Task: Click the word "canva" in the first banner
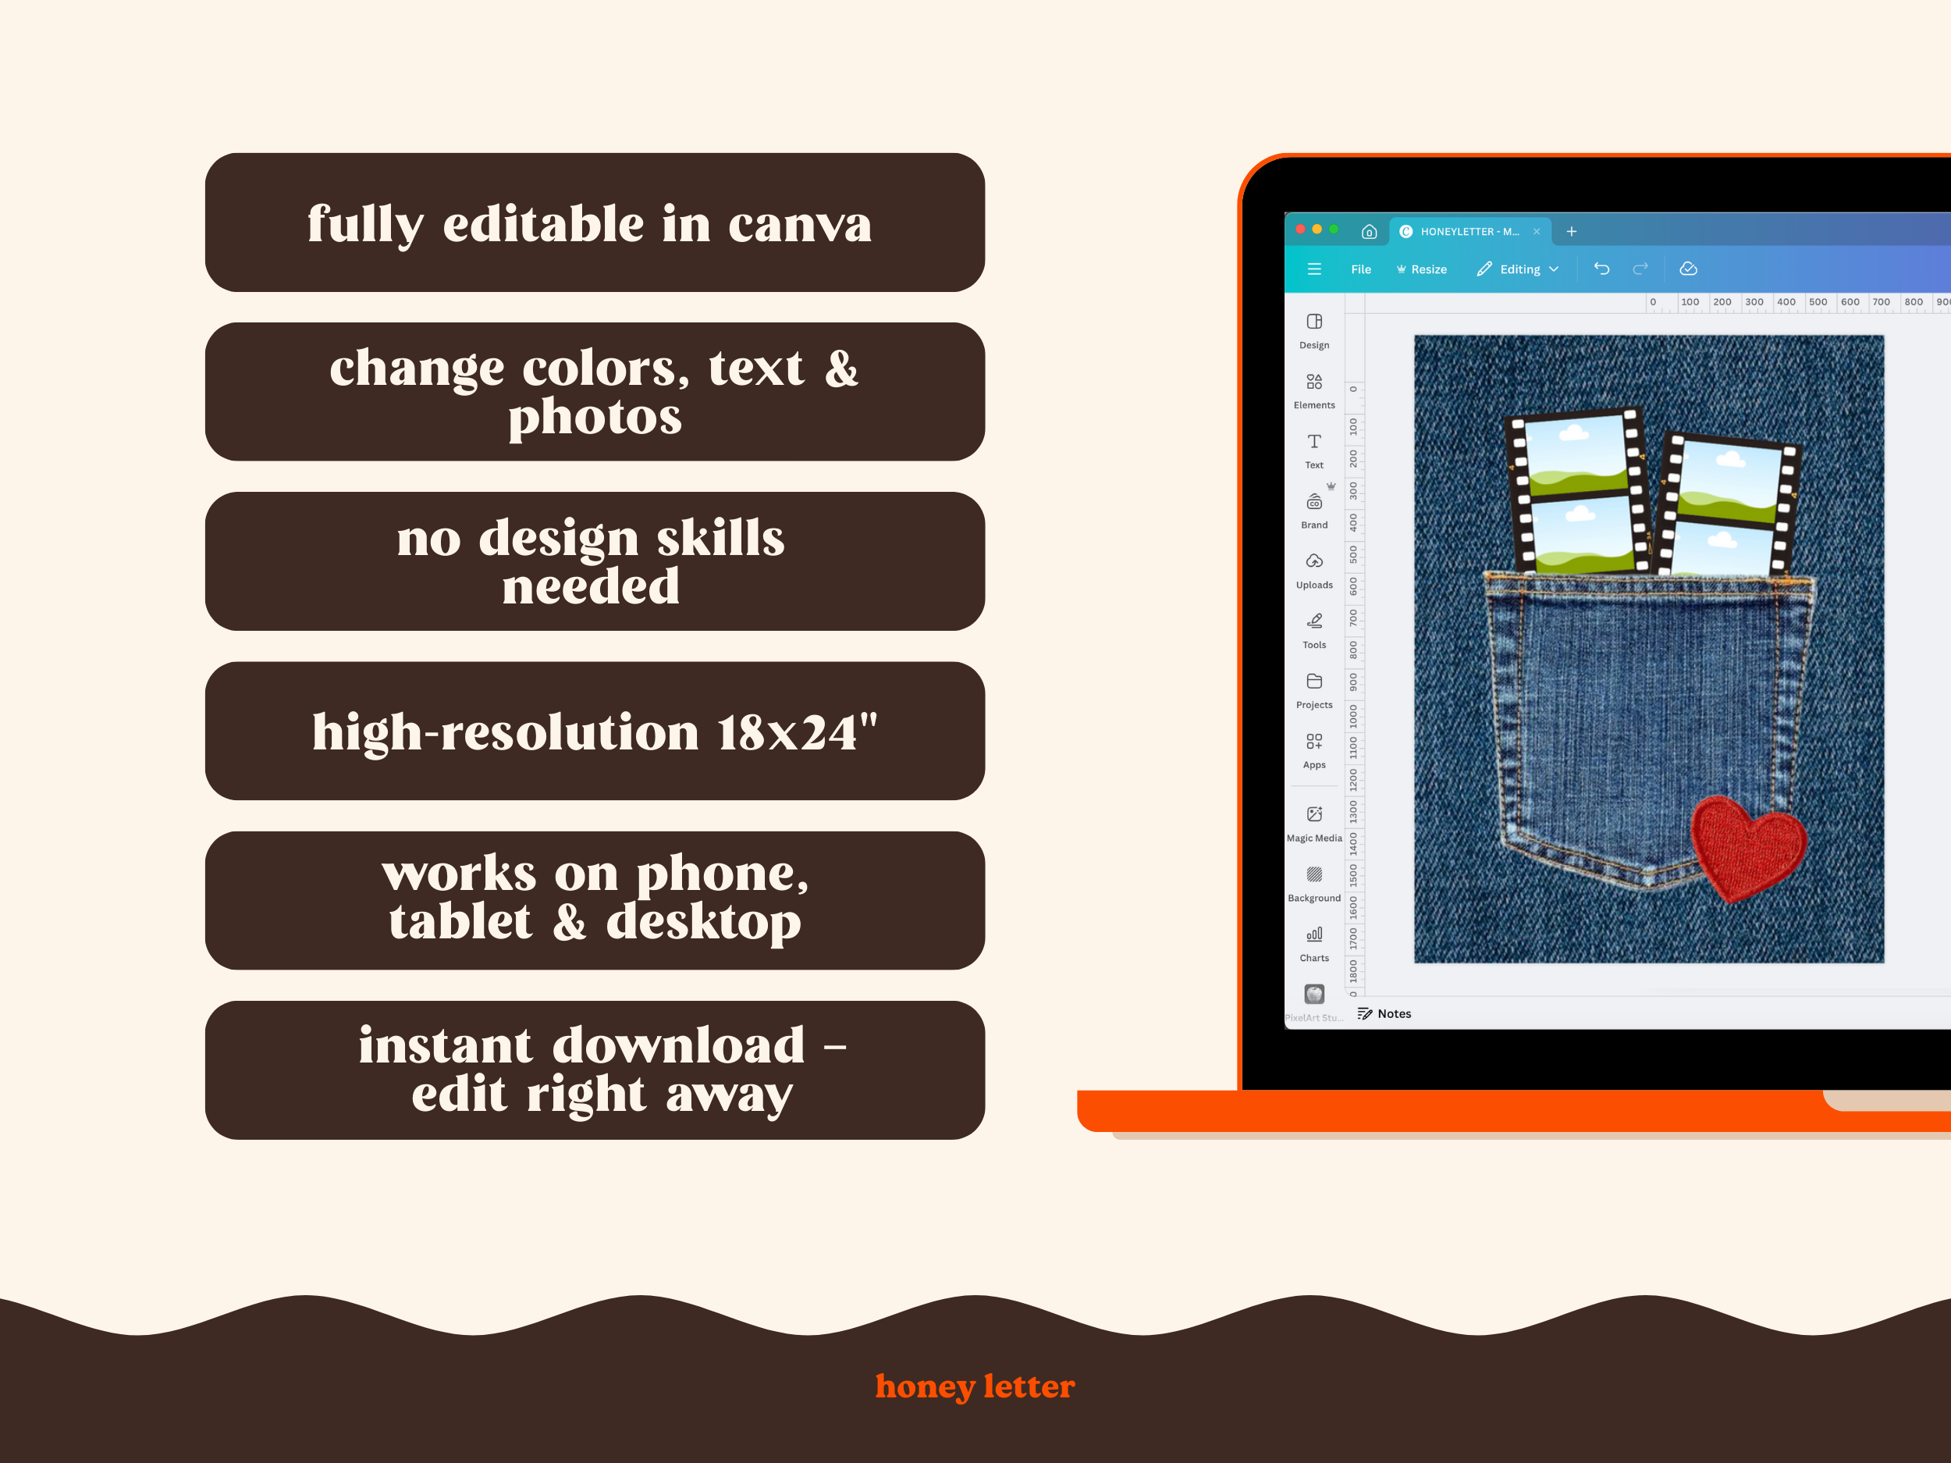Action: [x=799, y=225]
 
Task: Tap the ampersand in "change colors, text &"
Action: [x=841, y=368]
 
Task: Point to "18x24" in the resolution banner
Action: [x=786, y=732]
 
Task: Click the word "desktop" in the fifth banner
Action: [x=703, y=923]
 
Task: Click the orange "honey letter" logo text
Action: [x=975, y=1386]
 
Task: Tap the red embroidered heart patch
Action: [x=1747, y=847]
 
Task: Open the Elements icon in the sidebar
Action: [x=1314, y=382]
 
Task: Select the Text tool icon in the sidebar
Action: [x=1314, y=441]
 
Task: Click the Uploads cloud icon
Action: [x=1314, y=561]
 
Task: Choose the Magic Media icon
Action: [x=1314, y=813]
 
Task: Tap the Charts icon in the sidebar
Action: [x=1314, y=934]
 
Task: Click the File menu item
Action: [x=1361, y=269]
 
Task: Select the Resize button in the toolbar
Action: [x=1422, y=269]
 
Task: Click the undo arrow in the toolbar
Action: [x=1601, y=269]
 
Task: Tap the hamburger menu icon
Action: [x=1314, y=269]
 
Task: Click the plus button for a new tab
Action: [x=1571, y=231]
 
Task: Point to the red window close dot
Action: [x=1300, y=230]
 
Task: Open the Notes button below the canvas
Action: [x=1384, y=1014]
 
